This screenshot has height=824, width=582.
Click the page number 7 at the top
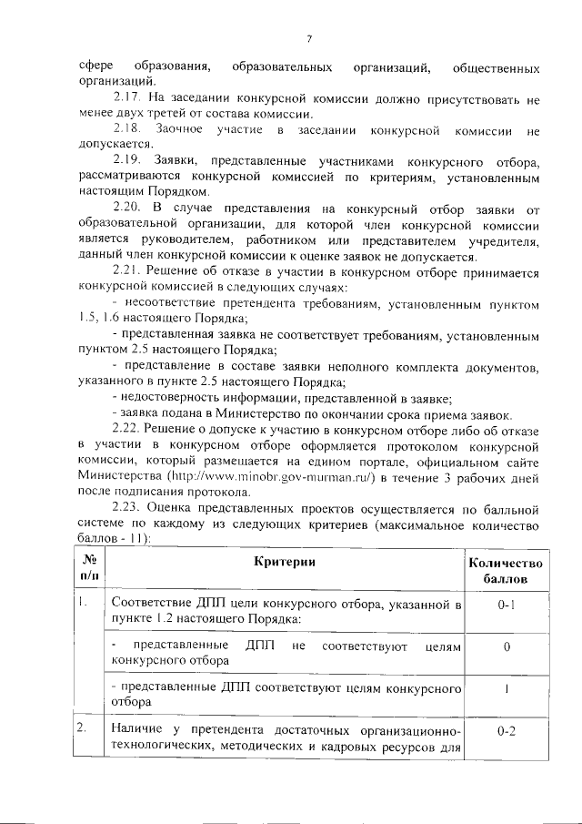[309, 38]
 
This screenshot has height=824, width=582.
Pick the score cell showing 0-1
[507, 604]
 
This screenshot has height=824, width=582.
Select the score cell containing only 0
[507, 646]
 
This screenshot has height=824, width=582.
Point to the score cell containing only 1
[507, 689]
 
